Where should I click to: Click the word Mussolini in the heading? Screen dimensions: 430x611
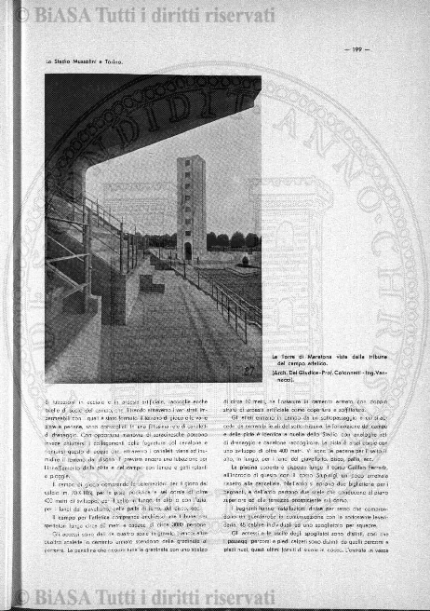click(91, 62)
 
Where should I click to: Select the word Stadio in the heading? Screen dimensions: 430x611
click(65, 62)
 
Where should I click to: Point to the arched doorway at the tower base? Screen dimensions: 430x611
click(187, 251)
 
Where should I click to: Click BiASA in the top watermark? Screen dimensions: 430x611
click(56, 15)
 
